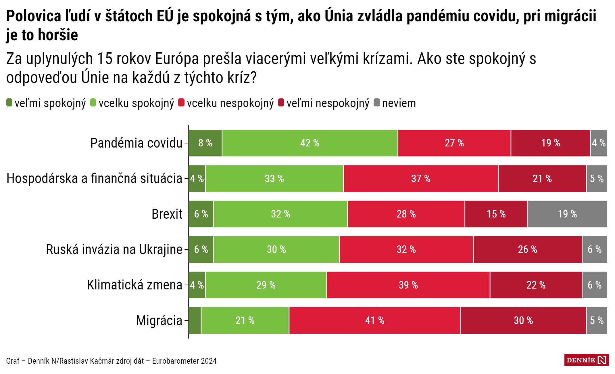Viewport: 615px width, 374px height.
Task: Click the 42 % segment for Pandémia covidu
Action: click(310, 143)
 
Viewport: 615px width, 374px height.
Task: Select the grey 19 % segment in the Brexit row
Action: click(567, 214)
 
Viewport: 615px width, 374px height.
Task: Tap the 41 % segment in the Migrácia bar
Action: click(375, 320)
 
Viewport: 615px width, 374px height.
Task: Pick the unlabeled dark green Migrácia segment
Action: click(195, 320)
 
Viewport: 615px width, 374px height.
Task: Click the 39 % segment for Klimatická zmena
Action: click(408, 285)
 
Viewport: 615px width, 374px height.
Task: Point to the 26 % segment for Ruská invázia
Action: click(527, 249)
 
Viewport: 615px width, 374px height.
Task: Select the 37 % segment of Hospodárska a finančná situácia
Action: click(421, 179)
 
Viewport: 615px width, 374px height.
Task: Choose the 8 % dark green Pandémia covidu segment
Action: click(205, 143)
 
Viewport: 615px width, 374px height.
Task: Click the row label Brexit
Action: click(167, 214)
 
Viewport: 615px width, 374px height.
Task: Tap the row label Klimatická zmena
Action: click(134, 285)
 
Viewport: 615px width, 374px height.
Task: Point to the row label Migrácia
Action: click(159, 320)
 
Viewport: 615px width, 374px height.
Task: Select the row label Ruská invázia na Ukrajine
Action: click(114, 249)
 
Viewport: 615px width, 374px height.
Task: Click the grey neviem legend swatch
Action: click(376, 103)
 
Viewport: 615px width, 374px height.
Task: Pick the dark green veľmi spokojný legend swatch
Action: click(9, 103)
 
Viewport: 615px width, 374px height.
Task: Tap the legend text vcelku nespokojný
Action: click(230, 103)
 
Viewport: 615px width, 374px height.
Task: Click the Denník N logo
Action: click(586, 360)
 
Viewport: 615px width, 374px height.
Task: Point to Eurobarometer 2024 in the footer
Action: click(184, 361)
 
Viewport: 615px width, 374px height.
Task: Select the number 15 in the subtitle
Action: click(105, 59)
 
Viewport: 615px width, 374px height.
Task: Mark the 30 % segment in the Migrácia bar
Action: click(523, 320)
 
